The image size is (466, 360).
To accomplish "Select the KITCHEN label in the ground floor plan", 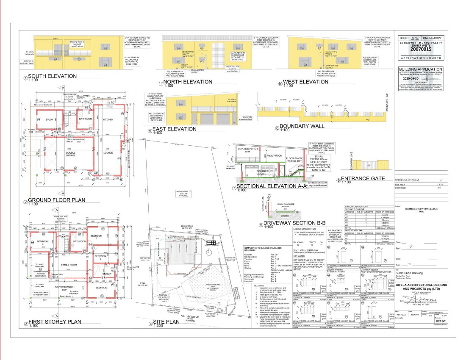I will [108, 120].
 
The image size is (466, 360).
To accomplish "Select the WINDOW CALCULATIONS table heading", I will [359, 206].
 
